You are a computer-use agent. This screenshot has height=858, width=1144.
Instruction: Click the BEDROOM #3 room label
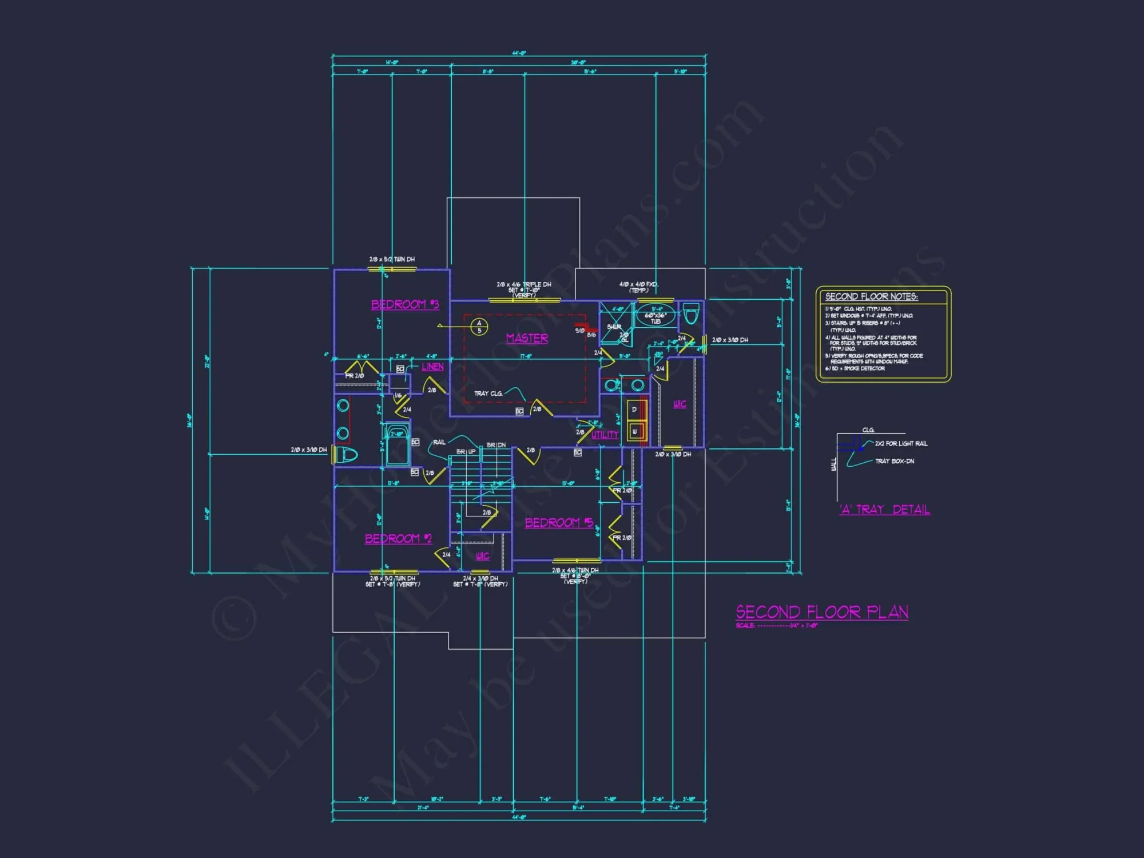coord(404,304)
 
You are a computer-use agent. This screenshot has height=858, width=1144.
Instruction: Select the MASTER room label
coord(527,338)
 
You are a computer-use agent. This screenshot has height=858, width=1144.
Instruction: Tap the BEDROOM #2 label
coord(398,539)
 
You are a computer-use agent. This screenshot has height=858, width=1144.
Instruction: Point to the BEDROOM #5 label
coord(559,522)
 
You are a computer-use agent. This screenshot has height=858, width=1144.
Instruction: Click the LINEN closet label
coord(432,367)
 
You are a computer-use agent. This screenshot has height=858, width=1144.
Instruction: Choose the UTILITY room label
coord(605,435)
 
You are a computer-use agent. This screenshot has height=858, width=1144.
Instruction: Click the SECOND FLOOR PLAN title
coord(821,612)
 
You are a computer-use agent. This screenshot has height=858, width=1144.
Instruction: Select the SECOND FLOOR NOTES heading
coord(871,296)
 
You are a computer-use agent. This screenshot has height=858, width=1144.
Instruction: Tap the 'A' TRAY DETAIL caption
coord(884,510)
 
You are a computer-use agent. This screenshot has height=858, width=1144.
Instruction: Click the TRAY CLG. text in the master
coord(488,394)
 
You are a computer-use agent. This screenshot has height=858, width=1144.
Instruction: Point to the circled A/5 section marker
coord(479,327)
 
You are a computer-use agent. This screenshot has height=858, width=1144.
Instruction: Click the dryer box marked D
coord(634,410)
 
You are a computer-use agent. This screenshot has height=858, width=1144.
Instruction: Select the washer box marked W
coord(634,432)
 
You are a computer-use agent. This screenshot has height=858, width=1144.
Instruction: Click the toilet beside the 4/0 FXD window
coord(691,313)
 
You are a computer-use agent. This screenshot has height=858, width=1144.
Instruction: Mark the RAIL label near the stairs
coord(439,442)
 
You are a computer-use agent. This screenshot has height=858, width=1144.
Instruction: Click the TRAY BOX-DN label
coord(894,461)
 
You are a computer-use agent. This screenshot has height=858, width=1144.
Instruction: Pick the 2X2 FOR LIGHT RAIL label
coord(901,443)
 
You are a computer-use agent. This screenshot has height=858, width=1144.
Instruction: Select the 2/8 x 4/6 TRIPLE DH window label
coord(523,284)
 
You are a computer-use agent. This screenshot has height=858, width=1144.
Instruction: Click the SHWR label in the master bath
coord(614,327)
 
